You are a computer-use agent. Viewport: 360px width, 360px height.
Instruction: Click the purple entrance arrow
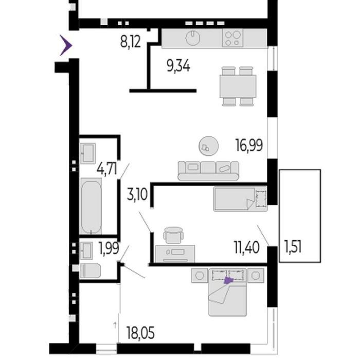[66, 45]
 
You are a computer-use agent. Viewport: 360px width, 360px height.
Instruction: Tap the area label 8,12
[131, 42]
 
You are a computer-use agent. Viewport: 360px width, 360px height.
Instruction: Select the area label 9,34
[178, 66]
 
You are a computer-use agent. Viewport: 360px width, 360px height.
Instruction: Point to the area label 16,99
[249, 146]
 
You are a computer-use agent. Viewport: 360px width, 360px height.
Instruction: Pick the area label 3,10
[137, 194]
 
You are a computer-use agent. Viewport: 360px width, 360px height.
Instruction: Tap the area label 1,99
[109, 248]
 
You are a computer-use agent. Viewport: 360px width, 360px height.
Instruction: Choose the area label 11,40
[247, 247]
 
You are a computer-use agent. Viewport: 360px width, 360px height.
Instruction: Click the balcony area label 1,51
[293, 246]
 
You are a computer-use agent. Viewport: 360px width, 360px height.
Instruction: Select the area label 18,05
[140, 333]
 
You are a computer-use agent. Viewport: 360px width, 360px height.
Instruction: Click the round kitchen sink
[193, 38]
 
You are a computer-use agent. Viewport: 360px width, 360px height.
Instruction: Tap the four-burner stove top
[232, 38]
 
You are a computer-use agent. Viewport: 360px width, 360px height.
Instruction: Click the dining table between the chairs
[238, 86]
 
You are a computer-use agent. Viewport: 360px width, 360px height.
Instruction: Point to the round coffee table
[208, 146]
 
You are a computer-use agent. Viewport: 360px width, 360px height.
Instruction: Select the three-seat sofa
[208, 171]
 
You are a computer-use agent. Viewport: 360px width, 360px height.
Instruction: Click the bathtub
[91, 206]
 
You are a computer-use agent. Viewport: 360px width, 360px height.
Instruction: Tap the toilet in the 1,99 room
[90, 271]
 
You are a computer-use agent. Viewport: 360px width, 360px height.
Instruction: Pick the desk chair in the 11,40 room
[174, 235]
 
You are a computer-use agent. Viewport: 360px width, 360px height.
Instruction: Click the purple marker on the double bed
[228, 280]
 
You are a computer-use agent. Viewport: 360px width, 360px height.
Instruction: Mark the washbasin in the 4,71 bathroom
[88, 153]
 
